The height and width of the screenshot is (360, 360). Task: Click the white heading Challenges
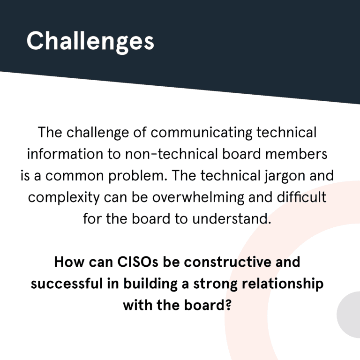[90, 41]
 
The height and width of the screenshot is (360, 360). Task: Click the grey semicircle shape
[350, 315]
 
